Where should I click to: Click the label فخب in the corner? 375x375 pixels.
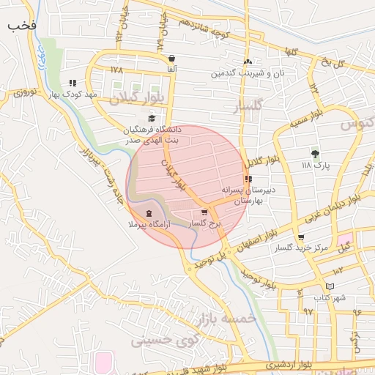22,24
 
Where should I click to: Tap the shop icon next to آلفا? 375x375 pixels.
171,59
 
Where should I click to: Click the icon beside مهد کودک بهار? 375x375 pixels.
72,83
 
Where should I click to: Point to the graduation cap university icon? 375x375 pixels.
152,118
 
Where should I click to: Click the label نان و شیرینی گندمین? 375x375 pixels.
247,73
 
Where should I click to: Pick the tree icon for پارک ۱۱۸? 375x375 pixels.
316,154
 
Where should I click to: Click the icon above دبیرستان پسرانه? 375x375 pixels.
249,179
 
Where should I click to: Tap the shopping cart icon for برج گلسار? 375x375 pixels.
204,212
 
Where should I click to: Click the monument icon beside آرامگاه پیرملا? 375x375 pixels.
149,213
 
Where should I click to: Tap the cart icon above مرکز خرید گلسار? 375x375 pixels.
301,237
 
